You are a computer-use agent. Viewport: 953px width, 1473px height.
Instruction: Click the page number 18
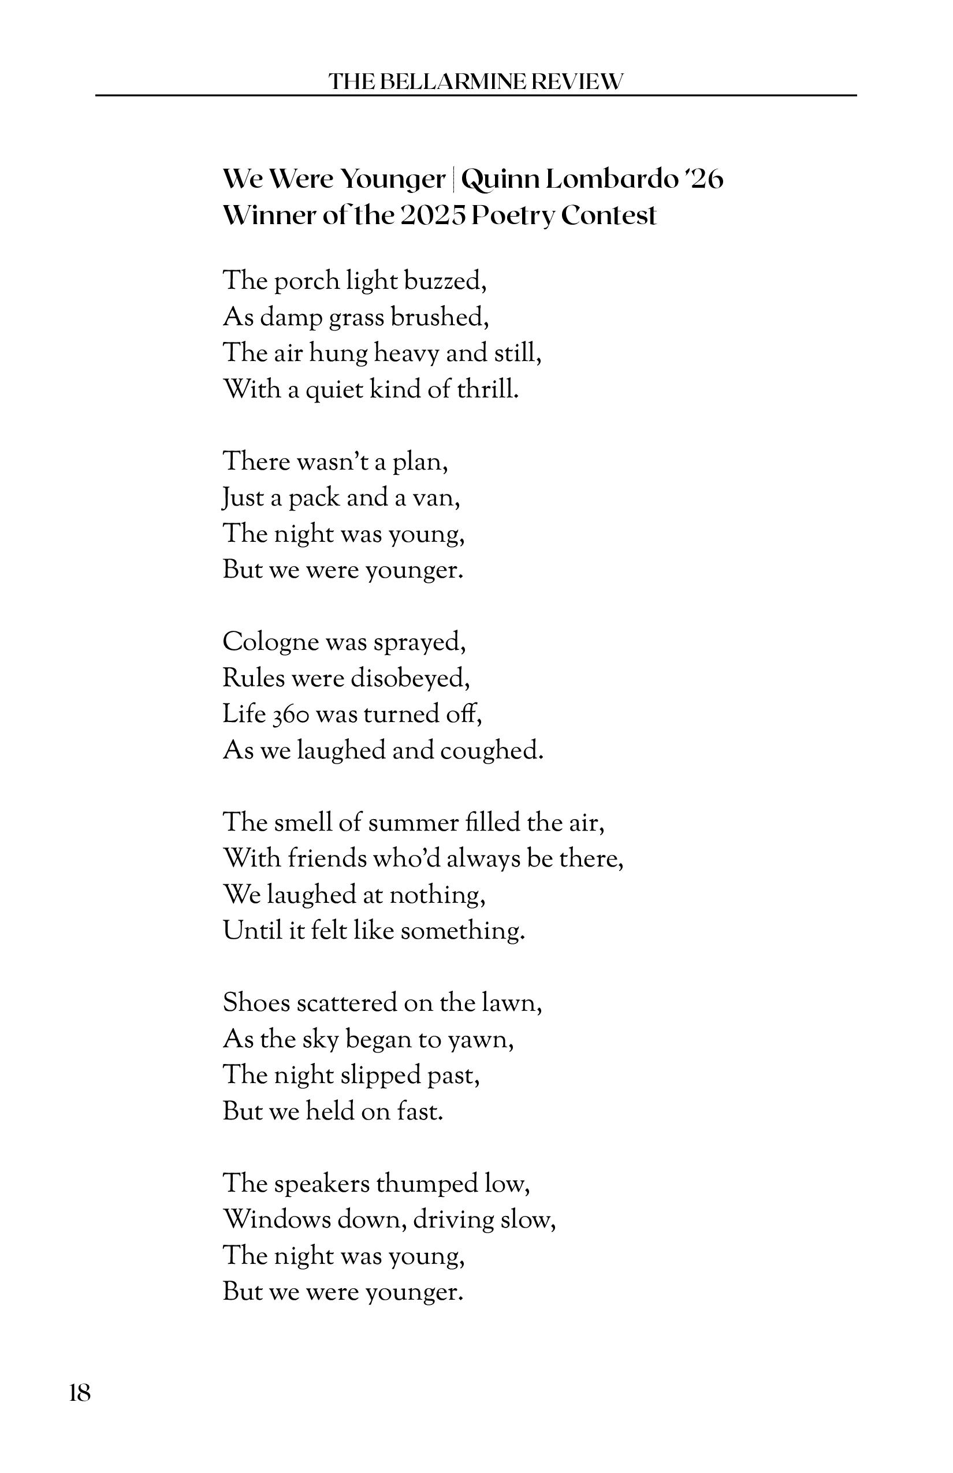(80, 1394)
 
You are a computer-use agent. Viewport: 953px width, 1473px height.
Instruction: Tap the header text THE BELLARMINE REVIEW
(475, 81)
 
